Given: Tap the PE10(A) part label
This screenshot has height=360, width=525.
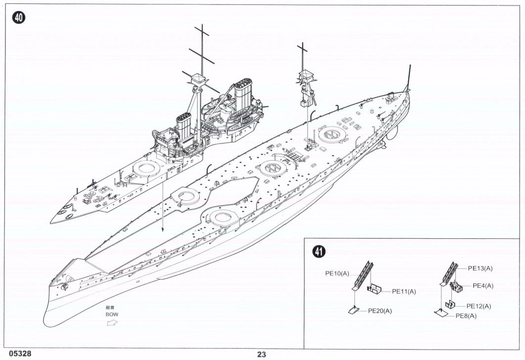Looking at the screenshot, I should (337, 272).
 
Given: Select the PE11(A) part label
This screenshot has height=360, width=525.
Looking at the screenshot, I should (404, 291).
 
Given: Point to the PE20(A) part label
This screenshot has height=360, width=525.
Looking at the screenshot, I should (380, 311).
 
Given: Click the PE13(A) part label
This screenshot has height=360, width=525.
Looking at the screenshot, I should (481, 268).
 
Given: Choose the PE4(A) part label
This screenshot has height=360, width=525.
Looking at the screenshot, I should (483, 285).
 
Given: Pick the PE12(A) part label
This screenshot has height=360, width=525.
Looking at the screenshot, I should (479, 306).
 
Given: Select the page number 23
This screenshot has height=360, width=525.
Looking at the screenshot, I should (262, 354).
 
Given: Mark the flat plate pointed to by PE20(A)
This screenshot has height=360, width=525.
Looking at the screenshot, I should (354, 310).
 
